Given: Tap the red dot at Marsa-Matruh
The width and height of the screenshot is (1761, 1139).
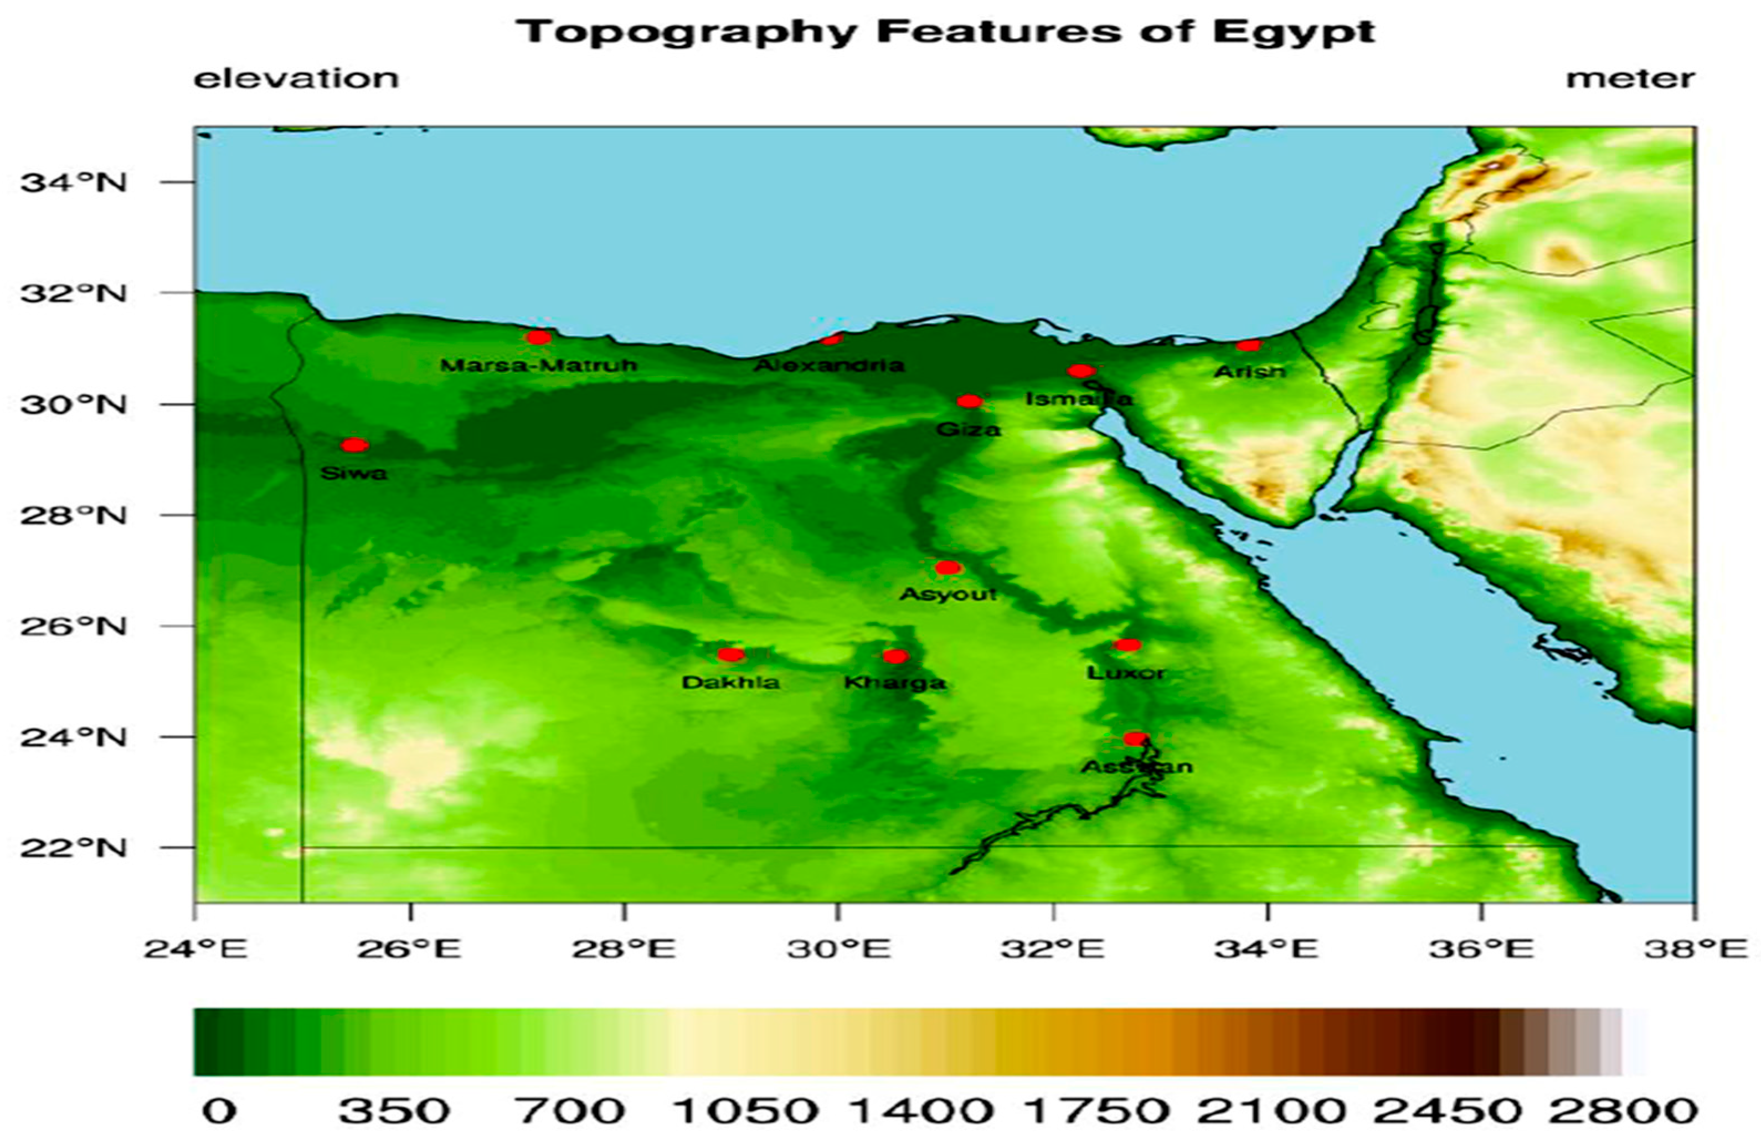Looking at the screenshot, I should click(x=538, y=337).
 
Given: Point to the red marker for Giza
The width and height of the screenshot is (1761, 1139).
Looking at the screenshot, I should click(x=969, y=402).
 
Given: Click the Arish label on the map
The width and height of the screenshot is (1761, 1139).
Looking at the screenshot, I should click(x=1249, y=371).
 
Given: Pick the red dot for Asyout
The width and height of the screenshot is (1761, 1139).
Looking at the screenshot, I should click(x=948, y=568).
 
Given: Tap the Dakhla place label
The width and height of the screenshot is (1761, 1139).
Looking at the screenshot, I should click(x=730, y=682).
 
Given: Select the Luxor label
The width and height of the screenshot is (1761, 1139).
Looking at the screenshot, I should click(x=1126, y=673).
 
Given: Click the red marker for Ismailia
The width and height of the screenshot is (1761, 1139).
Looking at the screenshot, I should click(x=1080, y=371).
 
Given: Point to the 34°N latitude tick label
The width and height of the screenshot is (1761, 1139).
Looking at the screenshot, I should click(x=73, y=182).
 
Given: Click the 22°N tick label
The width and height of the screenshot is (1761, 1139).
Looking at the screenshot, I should click(x=73, y=848).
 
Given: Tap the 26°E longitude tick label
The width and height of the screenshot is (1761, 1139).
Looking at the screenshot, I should click(x=409, y=949).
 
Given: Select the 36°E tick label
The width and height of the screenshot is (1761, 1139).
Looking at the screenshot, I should click(x=1481, y=949).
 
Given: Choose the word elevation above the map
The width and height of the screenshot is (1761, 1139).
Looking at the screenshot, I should click(x=296, y=79).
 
